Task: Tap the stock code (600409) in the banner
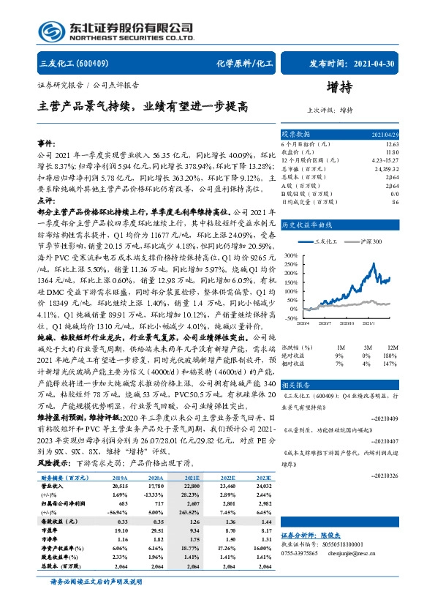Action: (x=96, y=64)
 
